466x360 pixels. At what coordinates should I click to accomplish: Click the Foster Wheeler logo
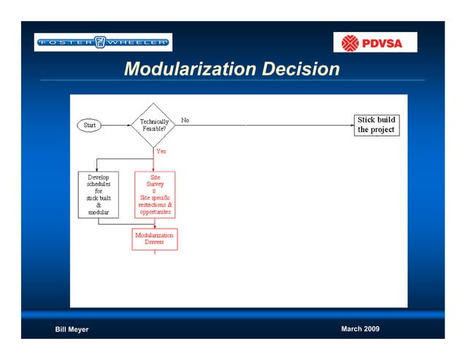pyautogui.click(x=103, y=42)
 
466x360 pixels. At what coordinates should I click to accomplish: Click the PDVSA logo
pyautogui.click(x=375, y=42)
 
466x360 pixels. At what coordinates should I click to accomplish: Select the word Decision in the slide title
pyautogui.click(x=300, y=69)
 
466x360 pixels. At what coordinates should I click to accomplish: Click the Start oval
pyautogui.click(x=90, y=125)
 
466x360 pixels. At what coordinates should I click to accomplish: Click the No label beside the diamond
pyautogui.click(x=186, y=120)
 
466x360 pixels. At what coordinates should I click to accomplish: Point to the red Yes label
pyautogui.click(x=161, y=151)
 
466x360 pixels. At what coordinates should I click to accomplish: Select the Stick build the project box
pyautogui.click(x=376, y=125)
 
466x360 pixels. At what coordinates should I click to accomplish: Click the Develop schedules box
pyautogui.click(x=99, y=195)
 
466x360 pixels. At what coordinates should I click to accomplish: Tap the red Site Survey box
pyautogui.click(x=155, y=195)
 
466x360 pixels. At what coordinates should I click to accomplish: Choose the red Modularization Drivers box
pyautogui.click(x=154, y=239)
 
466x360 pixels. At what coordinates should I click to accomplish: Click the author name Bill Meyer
pyautogui.click(x=72, y=329)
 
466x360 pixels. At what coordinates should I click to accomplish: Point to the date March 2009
pyautogui.click(x=360, y=329)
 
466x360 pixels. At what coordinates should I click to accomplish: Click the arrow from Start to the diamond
pyautogui.click(x=117, y=125)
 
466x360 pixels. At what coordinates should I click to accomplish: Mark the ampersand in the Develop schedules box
pyautogui.click(x=99, y=204)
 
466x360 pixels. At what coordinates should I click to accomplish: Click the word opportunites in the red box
pyautogui.click(x=155, y=212)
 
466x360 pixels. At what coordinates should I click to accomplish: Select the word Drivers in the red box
pyautogui.click(x=154, y=243)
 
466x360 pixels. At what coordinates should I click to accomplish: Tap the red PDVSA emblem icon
pyautogui.click(x=351, y=42)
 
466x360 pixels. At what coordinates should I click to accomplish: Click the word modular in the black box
pyautogui.click(x=99, y=212)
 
